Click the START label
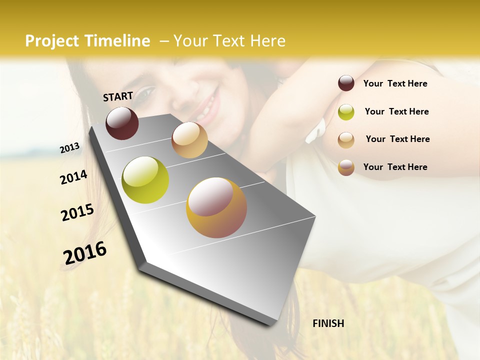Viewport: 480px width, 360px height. tap(118, 96)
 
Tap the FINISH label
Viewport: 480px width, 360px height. tap(328, 323)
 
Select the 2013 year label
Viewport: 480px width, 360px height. tap(69, 148)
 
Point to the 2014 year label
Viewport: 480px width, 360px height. tap(73, 177)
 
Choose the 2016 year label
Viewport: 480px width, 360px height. tap(85, 253)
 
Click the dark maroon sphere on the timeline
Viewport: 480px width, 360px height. tap(122, 123)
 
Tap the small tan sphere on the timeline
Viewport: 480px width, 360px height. tap(189, 140)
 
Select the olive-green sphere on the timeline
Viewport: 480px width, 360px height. tap(145, 180)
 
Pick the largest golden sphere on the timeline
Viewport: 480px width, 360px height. tap(216, 207)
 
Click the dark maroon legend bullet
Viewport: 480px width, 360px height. tap(346, 83)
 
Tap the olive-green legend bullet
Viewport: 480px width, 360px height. tap(346, 112)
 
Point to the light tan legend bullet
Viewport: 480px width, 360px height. tap(346, 140)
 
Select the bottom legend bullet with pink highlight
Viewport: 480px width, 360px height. tap(346, 167)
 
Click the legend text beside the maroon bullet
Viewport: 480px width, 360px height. tap(395, 83)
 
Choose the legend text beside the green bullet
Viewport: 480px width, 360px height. tap(396, 111)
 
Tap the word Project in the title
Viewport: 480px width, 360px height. tap(52, 41)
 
